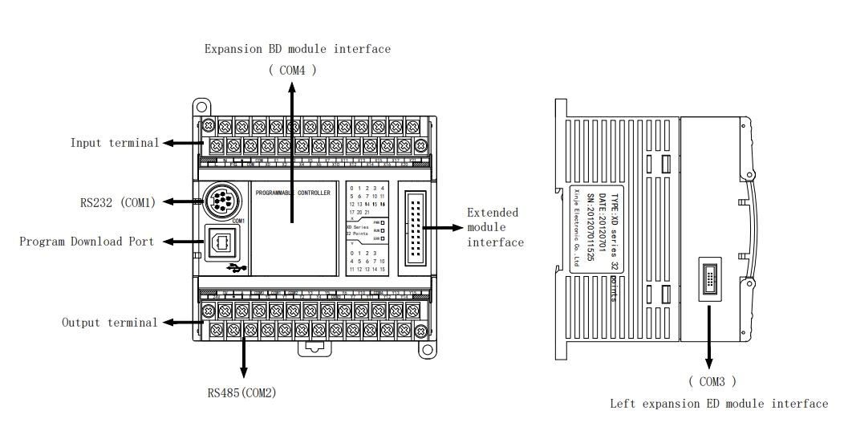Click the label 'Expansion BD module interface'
point(297,49)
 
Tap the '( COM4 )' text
point(292,70)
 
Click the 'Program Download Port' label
point(86,242)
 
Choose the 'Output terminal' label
point(110,323)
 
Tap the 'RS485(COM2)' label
point(242,392)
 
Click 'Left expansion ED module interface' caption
point(718,404)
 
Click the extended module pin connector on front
point(416,228)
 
